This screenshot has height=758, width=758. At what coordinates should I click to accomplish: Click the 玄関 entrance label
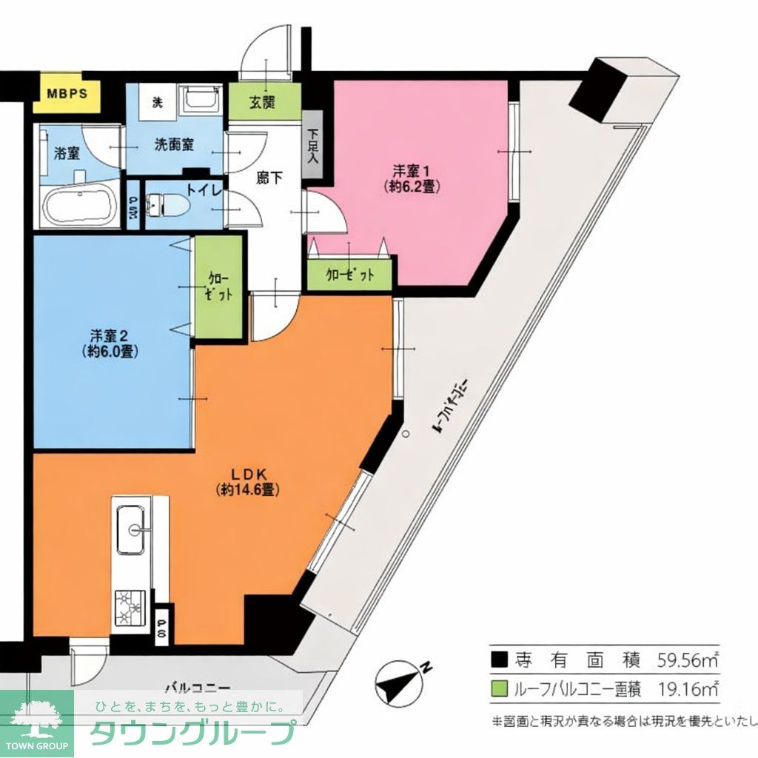coord(264,102)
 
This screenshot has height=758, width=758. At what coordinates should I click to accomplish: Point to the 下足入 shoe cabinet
coord(312,144)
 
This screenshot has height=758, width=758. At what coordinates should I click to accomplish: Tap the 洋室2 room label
coord(107,343)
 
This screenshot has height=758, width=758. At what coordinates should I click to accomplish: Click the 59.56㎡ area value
coord(688,659)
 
